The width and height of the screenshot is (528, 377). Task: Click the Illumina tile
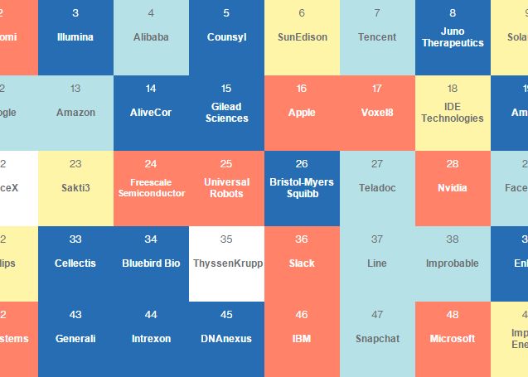[75, 37]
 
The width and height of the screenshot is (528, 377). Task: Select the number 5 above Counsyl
[226, 13]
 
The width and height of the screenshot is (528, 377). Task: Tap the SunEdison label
[302, 37]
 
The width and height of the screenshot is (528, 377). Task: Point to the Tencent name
[377, 37]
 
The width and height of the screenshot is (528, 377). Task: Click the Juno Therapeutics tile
[453, 37]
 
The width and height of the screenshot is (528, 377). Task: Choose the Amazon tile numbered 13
[75, 113]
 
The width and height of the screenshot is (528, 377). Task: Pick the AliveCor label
[151, 113]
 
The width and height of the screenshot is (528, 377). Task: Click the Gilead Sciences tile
[226, 113]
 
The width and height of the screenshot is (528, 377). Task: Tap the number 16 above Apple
[302, 89]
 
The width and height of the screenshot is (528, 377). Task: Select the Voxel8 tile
[377, 113]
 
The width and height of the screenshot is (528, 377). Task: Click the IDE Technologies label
[453, 113]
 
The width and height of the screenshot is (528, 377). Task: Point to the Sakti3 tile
[75, 188]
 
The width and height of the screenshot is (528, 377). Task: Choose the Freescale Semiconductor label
[151, 188]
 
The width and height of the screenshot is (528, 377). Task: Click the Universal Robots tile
[226, 188]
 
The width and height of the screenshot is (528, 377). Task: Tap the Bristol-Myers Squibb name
[302, 188]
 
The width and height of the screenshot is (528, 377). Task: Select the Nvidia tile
[453, 188]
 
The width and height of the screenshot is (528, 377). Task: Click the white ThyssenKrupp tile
[226, 263]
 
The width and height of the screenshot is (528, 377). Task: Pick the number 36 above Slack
[302, 239]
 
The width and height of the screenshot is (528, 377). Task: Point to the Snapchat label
[377, 339]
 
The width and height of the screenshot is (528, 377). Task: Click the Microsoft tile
[453, 339]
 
